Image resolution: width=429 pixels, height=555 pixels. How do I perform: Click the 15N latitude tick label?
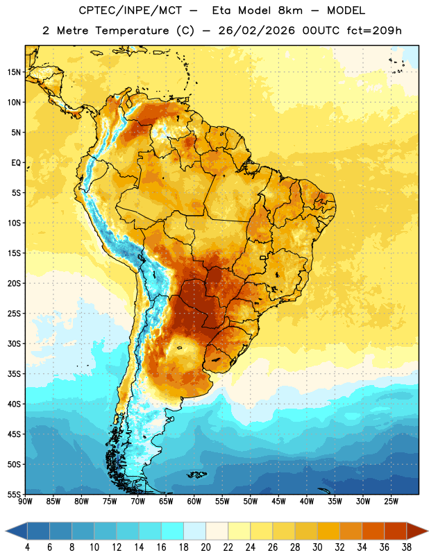(x=14, y=72)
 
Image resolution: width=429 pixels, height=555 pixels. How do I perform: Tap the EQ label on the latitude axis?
(x=16, y=163)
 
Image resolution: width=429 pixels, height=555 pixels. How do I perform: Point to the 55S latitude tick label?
(x=14, y=494)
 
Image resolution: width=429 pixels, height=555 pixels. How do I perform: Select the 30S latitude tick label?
(x=14, y=343)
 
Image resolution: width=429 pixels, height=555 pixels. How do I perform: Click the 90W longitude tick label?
(x=25, y=502)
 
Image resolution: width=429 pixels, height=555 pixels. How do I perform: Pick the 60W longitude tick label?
(x=194, y=502)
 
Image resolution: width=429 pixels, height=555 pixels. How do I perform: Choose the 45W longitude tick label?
(x=278, y=502)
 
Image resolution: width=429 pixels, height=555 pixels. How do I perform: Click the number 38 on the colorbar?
(x=406, y=547)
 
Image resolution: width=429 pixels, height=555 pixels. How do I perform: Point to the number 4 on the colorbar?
(x=27, y=547)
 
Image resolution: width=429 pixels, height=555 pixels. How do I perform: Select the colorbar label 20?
(x=205, y=547)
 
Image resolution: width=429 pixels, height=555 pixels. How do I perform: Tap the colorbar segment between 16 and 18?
(x=173, y=531)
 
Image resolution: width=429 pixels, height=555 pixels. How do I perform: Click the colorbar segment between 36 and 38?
(x=396, y=531)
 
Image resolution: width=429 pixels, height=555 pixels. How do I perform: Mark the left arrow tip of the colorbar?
(x=6, y=531)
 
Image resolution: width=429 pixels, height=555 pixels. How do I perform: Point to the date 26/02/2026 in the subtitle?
(x=256, y=31)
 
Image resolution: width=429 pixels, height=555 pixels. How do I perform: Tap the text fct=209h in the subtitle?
(x=374, y=31)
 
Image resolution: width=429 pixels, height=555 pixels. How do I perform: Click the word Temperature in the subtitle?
(x=132, y=31)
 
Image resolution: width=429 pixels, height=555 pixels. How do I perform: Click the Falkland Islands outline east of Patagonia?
(x=196, y=475)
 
